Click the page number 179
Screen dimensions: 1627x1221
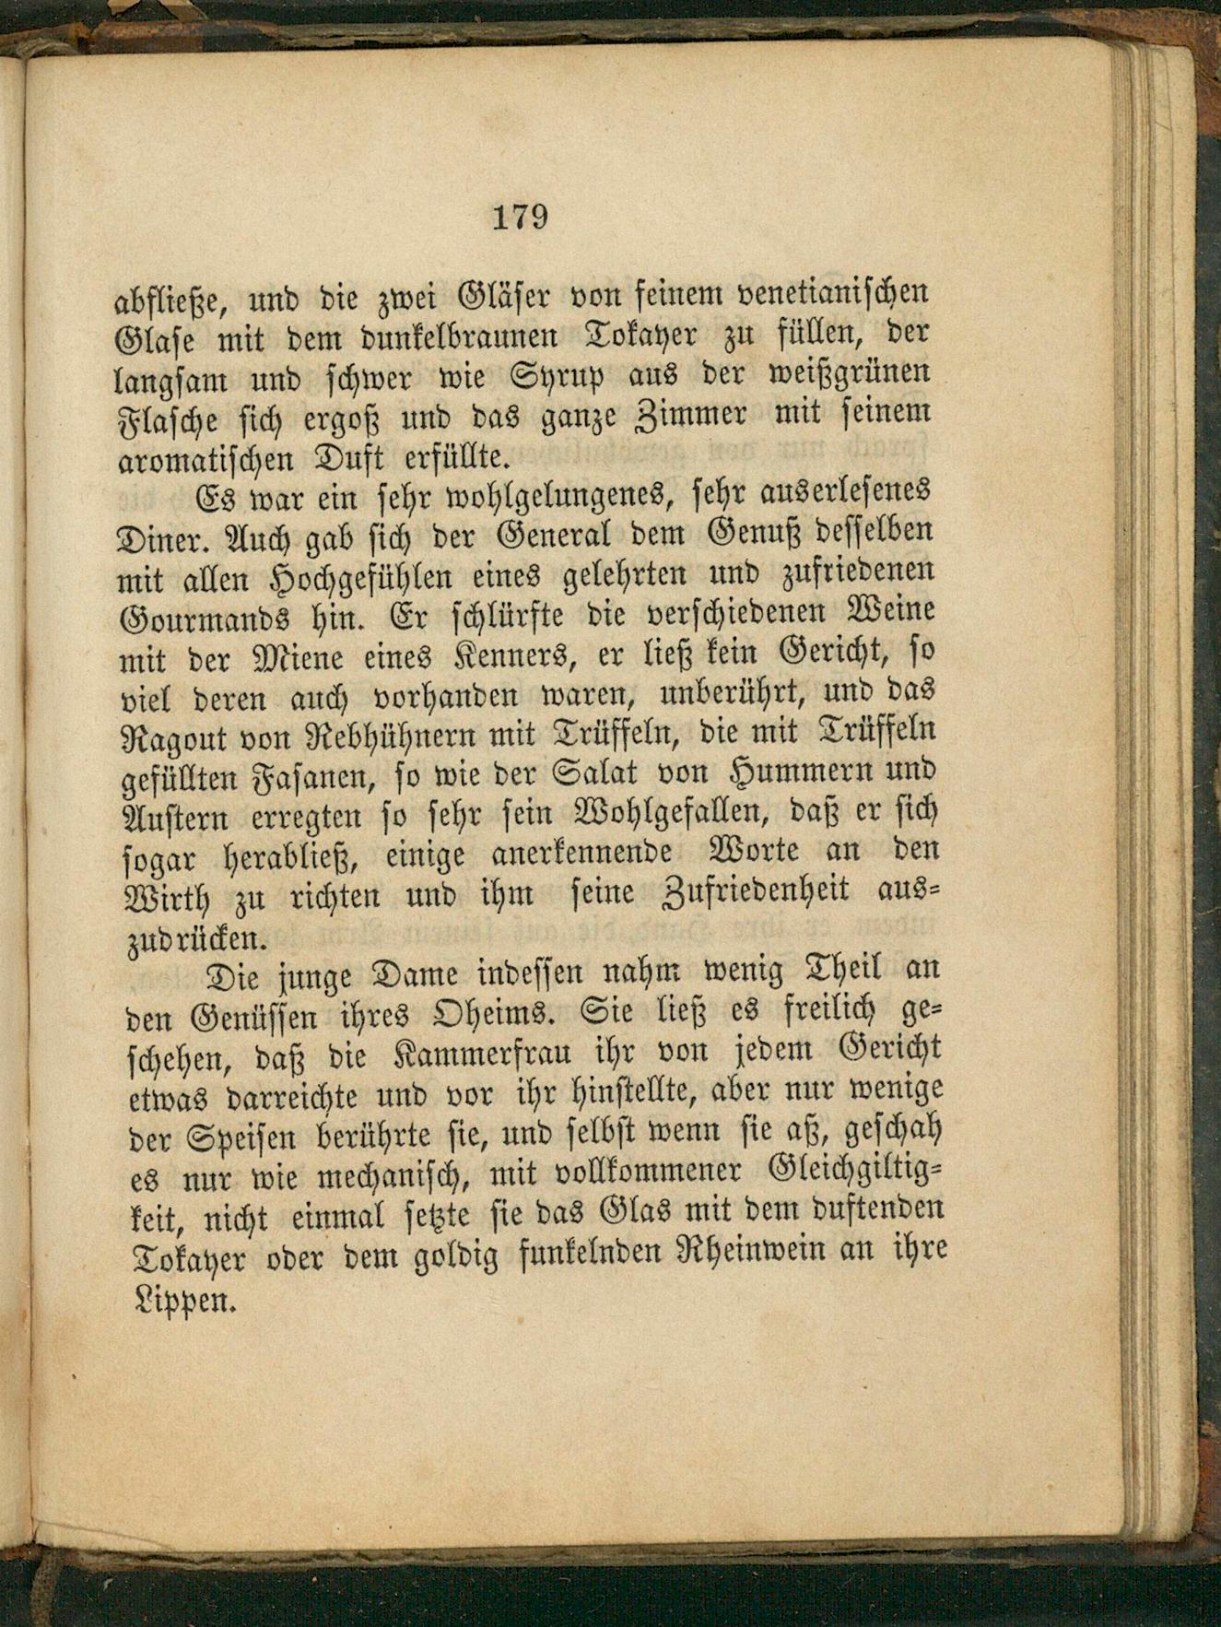click(x=521, y=218)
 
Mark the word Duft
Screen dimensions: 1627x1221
click(x=353, y=457)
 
